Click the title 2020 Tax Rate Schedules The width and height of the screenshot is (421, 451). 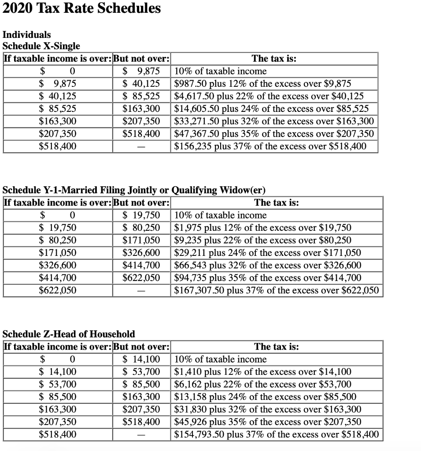[x=82, y=8]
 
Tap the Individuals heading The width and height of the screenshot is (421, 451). [x=27, y=34]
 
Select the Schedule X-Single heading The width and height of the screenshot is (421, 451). [x=41, y=46]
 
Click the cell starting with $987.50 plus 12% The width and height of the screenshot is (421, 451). [x=262, y=84]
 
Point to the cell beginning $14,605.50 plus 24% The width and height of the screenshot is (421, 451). [x=271, y=109]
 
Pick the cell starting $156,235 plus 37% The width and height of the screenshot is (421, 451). [x=270, y=146]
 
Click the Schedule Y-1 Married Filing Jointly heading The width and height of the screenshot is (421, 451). [x=134, y=190]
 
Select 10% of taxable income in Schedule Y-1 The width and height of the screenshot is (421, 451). [x=221, y=215]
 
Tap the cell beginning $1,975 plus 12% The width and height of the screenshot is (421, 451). [x=263, y=228]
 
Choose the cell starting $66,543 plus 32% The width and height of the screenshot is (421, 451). [x=268, y=265]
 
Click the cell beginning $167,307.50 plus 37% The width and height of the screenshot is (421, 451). [x=277, y=290]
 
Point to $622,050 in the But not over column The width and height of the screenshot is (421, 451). [x=141, y=278]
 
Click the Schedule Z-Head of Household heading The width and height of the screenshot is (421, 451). [x=69, y=334]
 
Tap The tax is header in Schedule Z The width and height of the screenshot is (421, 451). [x=277, y=347]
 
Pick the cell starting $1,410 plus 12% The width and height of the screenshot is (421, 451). [x=263, y=372]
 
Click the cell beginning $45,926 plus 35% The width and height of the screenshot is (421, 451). [x=268, y=422]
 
